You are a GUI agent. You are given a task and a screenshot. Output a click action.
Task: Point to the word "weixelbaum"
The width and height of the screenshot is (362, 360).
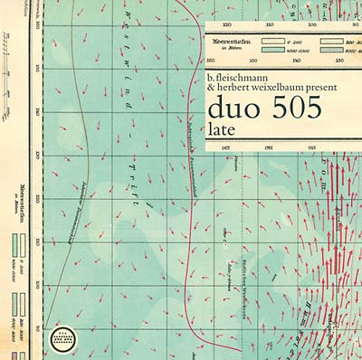pyautogui.click(x=282, y=90)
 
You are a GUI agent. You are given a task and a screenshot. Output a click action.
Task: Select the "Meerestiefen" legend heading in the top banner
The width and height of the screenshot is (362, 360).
pyautogui.click(x=231, y=41)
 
